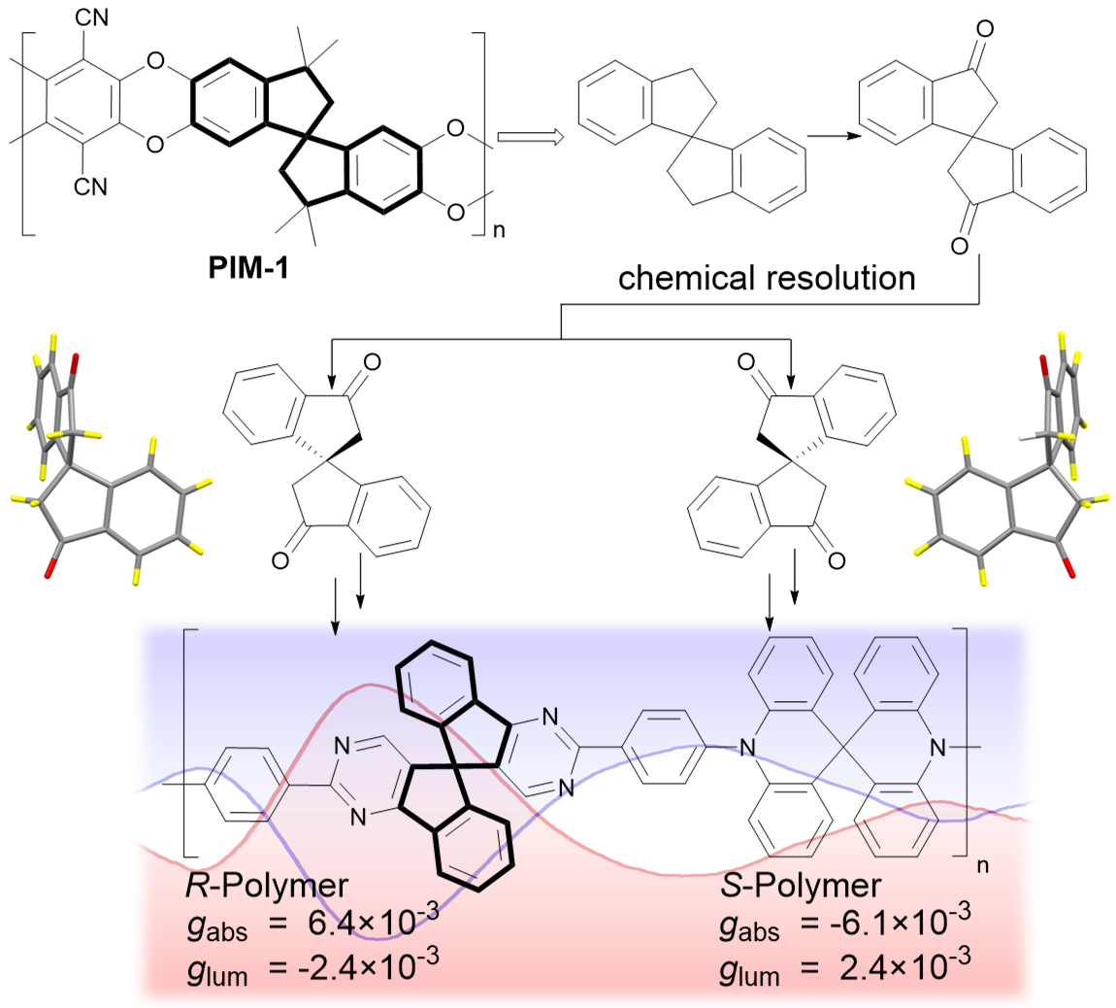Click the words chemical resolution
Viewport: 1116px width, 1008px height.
pyautogui.click(x=767, y=279)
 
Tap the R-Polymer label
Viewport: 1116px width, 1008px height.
pyautogui.click(x=259, y=886)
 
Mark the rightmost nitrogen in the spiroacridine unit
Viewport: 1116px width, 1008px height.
pyautogui.click(x=935, y=747)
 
